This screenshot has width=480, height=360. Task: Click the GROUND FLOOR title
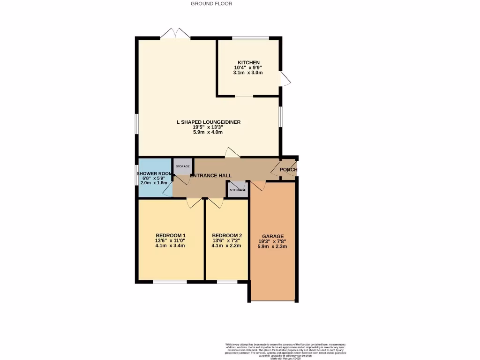[x=211, y=4]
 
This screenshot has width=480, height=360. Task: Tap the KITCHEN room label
[x=248, y=63]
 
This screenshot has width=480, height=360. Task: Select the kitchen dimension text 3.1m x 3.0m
[x=248, y=73]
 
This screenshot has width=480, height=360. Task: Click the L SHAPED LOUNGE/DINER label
[x=208, y=122]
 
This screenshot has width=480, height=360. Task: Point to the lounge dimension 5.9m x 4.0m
[x=208, y=133]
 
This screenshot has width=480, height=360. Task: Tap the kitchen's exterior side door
[x=285, y=78]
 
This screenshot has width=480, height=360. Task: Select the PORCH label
[x=288, y=170]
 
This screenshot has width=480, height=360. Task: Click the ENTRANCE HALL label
[x=211, y=176]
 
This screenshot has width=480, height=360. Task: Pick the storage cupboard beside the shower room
[x=182, y=166]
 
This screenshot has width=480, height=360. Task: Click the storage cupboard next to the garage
[x=238, y=190]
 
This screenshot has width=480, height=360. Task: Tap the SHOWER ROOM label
[x=154, y=173]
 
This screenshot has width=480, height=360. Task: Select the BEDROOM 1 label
[x=171, y=236]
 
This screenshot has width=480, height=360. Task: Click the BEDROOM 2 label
[x=227, y=236]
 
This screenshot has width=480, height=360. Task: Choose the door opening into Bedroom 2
[x=216, y=202]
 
